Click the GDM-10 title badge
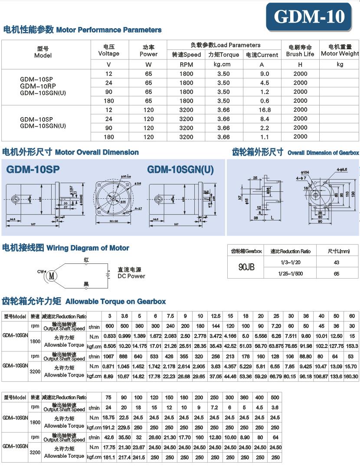point(309,17)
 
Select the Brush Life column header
point(300,50)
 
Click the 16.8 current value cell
point(265,110)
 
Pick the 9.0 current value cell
point(265,74)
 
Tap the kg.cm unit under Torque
point(223,64)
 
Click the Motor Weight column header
point(340,50)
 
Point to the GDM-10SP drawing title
point(33,169)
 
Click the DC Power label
point(131,273)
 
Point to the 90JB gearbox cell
point(246,267)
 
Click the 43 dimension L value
point(336,263)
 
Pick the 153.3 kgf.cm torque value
point(352,346)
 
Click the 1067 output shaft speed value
point(109,357)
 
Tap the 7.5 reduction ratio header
point(170,316)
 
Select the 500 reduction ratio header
point(274,397)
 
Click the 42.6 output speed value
point(109,438)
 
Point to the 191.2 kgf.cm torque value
point(109,427)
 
